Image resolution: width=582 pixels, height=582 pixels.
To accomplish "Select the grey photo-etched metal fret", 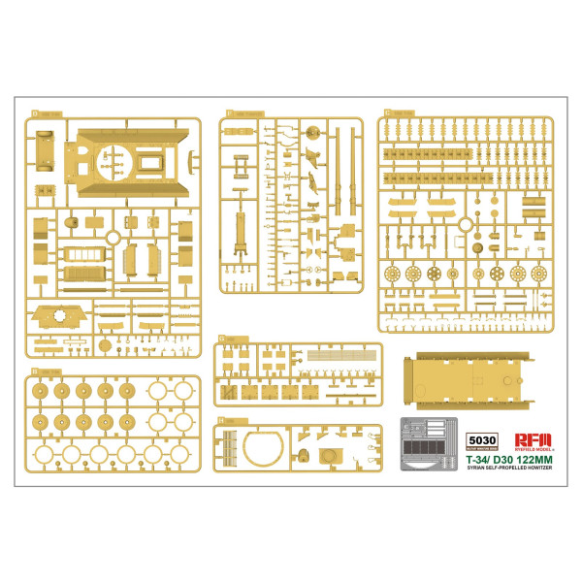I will point(429,443).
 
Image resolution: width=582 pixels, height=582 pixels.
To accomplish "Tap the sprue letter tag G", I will point(222,339).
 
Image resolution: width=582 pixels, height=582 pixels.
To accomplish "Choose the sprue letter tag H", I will point(222,421).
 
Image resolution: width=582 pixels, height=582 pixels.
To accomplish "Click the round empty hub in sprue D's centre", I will point(113,238).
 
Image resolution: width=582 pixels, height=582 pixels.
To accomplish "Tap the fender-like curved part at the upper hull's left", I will point(42,145).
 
